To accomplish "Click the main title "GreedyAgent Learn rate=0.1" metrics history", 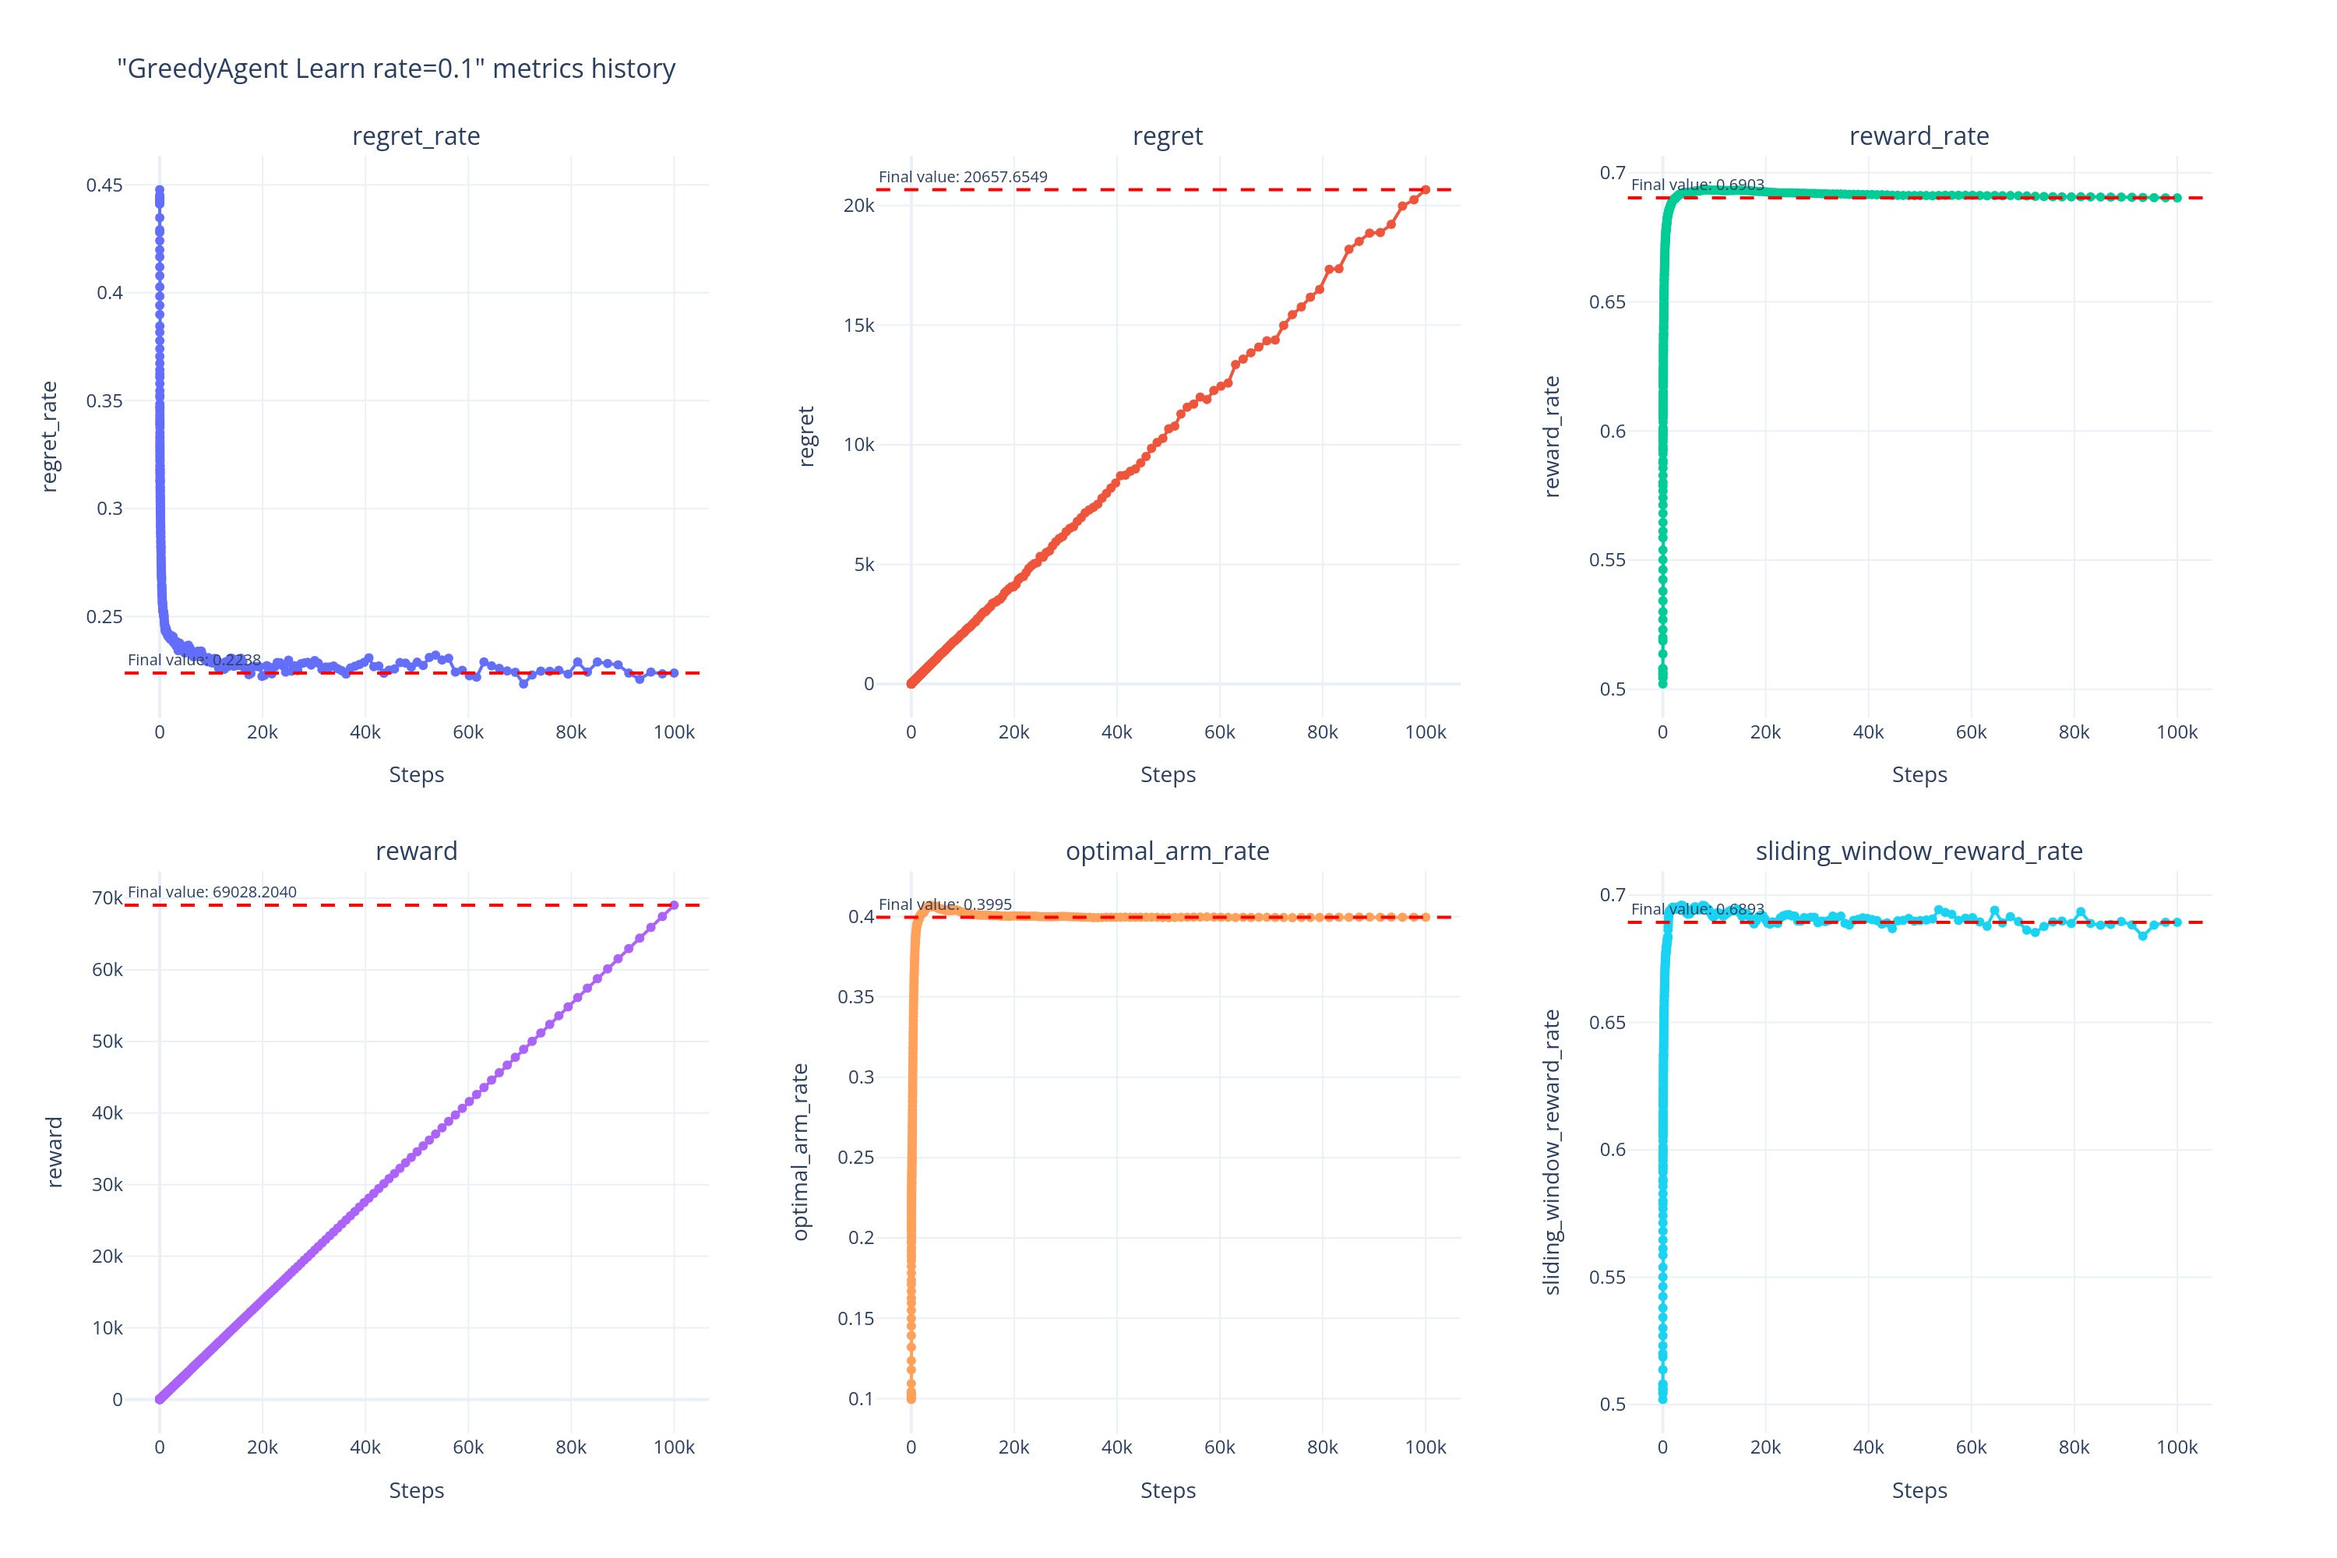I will pyautogui.click(x=396, y=69).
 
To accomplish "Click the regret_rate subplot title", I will pyautogui.click(x=415, y=136).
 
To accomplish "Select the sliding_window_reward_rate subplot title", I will pyautogui.click(x=1918, y=851).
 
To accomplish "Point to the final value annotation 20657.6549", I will pyautogui.click(x=962, y=177).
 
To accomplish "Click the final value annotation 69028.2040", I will pyautogui.click(x=212, y=892).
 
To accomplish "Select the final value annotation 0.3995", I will pyautogui.click(x=944, y=904).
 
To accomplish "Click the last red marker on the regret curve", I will pyautogui.click(x=1425, y=190).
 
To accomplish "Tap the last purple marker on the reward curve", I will pyautogui.click(x=674, y=905).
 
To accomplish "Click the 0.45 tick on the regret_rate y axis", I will pyautogui.click(x=104, y=185).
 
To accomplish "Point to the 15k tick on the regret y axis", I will pyautogui.click(x=858, y=326).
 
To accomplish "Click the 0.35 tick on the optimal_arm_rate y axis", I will pyautogui.click(x=855, y=996).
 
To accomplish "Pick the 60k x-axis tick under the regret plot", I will pyautogui.click(x=1219, y=732).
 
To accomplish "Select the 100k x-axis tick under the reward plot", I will pyautogui.click(x=674, y=1447).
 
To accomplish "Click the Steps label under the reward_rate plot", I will pyautogui.click(x=1918, y=775).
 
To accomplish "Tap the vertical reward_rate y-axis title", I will pyautogui.click(x=1551, y=436).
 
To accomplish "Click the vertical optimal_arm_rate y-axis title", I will pyautogui.click(x=800, y=1151).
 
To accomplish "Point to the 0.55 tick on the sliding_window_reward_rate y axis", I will pyautogui.click(x=1606, y=1277).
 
